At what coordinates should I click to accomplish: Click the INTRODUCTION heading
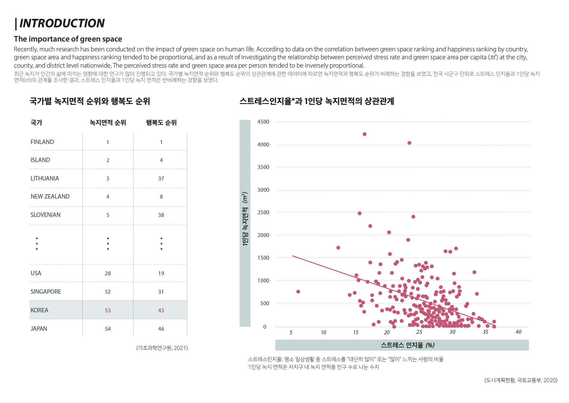click(x=62, y=23)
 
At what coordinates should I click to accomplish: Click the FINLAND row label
click(x=42, y=142)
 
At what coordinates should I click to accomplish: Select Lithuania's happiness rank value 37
click(x=161, y=179)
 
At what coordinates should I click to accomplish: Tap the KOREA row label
click(x=39, y=310)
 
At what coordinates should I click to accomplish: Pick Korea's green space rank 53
click(x=108, y=311)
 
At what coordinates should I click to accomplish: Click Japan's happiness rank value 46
click(x=161, y=329)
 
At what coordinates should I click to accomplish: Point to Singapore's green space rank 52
click(x=108, y=292)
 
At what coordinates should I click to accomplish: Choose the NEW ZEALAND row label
click(x=50, y=196)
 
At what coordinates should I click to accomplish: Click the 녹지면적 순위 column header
click(x=108, y=123)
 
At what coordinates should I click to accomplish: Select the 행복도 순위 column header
click(x=161, y=123)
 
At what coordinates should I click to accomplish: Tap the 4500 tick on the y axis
click(x=263, y=122)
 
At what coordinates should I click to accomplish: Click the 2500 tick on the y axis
click(x=263, y=212)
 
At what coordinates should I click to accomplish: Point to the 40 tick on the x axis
click(x=518, y=332)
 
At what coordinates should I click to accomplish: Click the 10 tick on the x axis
click(x=323, y=332)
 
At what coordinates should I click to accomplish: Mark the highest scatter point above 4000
click(x=365, y=134)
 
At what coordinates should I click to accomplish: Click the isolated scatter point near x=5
click(x=298, y=292)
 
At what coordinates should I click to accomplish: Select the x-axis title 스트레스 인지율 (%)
click(x=407, y=345)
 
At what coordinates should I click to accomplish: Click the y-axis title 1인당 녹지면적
click(x=245, y=219)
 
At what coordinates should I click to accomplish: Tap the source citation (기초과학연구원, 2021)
click(x=162, y=348)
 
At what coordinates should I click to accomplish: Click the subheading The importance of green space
click(x=68, y=39)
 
